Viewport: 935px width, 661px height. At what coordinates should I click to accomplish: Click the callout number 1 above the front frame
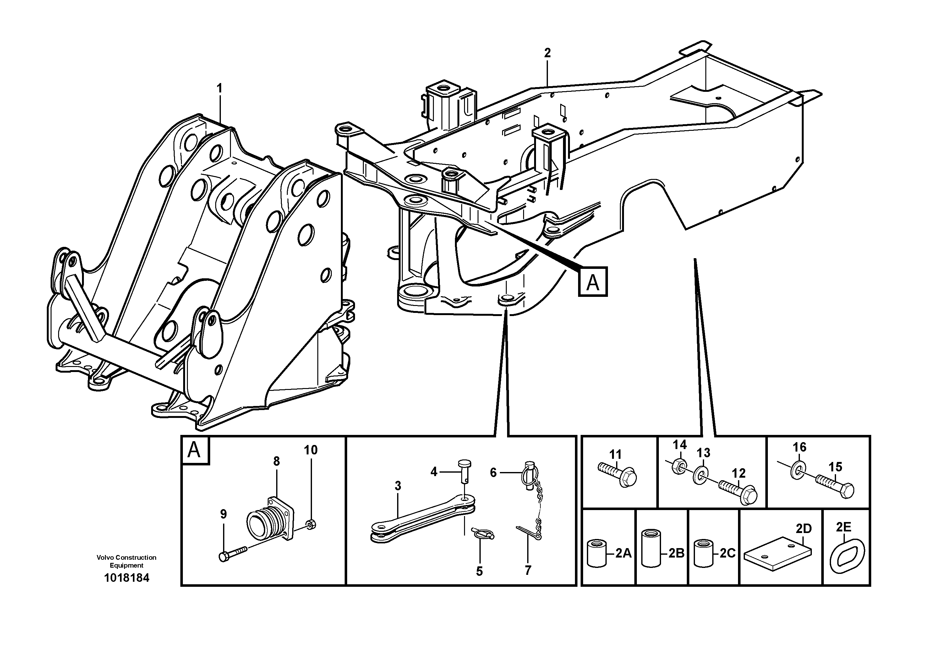click(220, 88)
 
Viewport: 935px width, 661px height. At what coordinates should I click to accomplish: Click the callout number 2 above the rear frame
click(547, 53)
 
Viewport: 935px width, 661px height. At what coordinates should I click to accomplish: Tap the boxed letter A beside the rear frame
click(593, 281)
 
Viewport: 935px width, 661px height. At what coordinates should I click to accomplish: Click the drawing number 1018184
click(127, 578)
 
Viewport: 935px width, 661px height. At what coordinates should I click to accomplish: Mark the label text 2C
click(727, 553)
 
